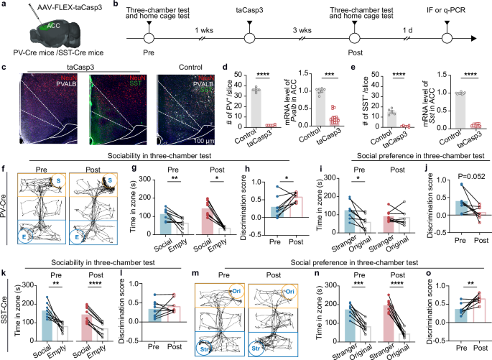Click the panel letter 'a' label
tap(4, 4)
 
